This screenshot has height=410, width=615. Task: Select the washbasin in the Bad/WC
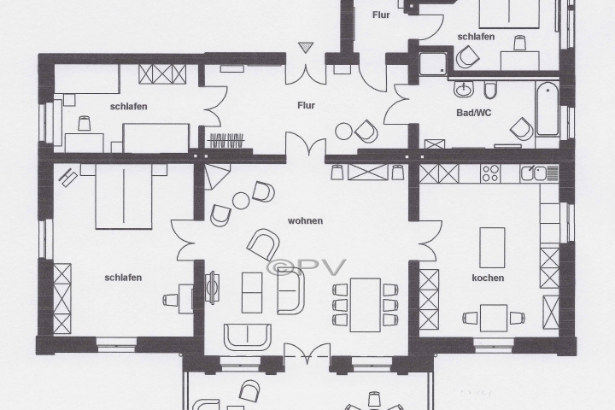point(465,89)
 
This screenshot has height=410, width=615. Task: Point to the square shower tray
point(430,61)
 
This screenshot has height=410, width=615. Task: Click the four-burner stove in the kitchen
point(490,173)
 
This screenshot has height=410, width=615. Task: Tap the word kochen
point(488,278)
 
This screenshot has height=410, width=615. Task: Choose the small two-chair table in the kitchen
point(493,318)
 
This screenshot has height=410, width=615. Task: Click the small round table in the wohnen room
point(241,200)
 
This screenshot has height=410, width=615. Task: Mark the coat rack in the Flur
point(226,141)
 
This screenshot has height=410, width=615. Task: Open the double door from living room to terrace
point(307,352)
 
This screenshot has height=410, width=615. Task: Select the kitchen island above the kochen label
point(492,249)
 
